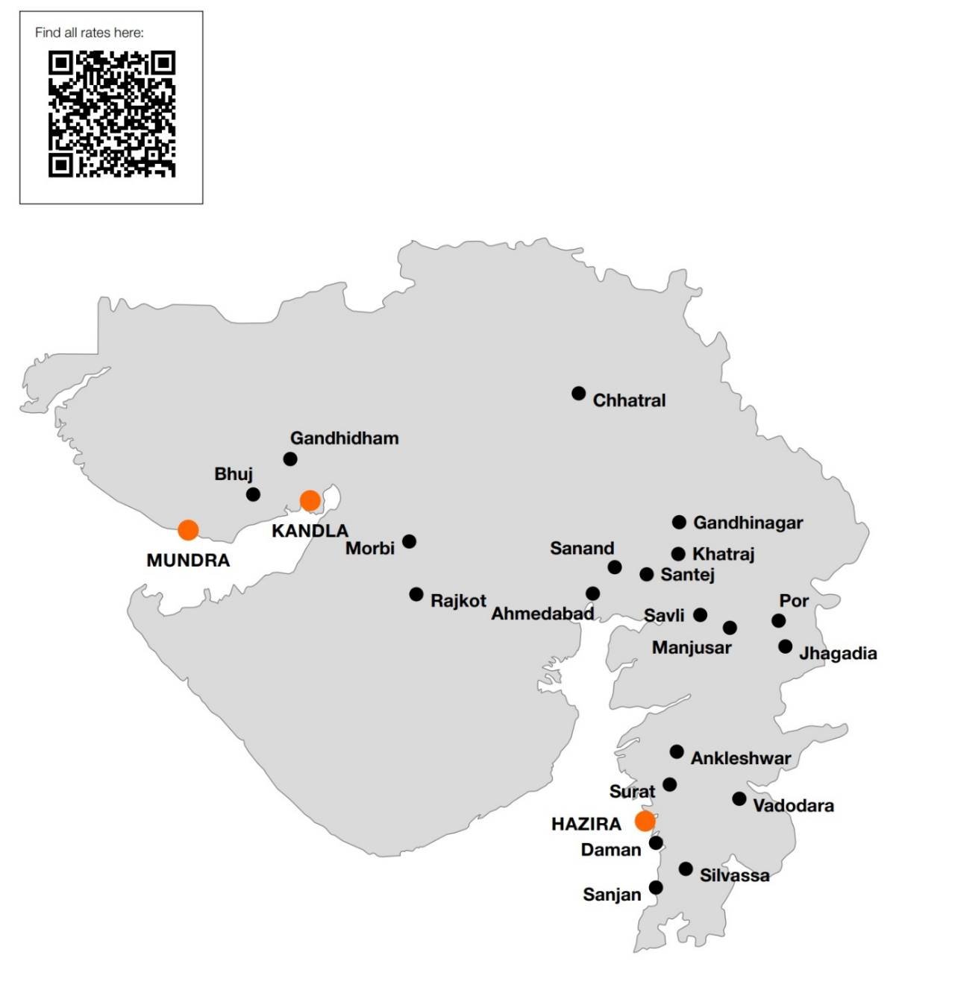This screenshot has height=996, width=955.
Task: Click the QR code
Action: tap(111, 114)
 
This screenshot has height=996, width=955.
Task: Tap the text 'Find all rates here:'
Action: tap(89, 33)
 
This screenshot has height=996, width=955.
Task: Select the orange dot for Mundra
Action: tap(188, 530)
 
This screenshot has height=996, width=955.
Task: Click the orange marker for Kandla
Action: tap(310, 500)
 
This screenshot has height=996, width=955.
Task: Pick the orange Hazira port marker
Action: tap(645, 821)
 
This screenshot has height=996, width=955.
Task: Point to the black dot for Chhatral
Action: tap(578, 393)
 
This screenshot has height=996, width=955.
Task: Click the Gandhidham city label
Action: tap(344, 438)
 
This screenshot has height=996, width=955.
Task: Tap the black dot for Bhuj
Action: tap(253, 494)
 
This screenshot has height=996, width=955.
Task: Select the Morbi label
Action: tap(369, 549)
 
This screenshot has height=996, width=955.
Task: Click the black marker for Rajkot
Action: tap(416, 594)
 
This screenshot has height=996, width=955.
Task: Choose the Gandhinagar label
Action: tap(748, 523)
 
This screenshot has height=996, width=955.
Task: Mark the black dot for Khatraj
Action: tap(678, 554)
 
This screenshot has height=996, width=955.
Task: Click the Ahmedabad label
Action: tap(542, 614)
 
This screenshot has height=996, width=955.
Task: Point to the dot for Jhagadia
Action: tap(785, 646)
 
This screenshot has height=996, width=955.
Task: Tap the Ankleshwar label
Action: tap(740, 759)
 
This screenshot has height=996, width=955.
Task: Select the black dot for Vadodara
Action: tap(739, 798)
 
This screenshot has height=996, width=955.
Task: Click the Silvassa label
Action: tap(734, 875)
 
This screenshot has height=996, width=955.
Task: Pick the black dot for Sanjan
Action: tap(656, 887)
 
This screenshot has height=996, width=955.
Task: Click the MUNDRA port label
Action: tap(188, 561)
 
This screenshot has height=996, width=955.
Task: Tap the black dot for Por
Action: tap(778, 620)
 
